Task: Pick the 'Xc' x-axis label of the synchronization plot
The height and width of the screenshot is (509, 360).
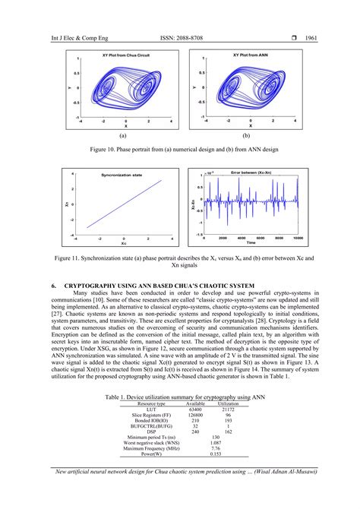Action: click(123, 244)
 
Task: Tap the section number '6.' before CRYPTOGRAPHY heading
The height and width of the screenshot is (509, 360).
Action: click(53, 285)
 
